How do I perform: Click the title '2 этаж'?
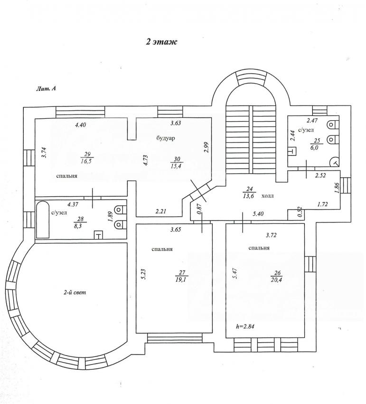point(161,42)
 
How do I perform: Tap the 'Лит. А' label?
point(46,88)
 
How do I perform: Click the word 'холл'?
point(268,195)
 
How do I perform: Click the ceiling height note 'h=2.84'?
point(246,327)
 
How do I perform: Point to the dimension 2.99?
point(206,147)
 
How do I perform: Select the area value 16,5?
point(86,162)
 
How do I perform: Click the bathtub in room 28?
point(43,219)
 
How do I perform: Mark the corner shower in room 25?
point(335,162)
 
